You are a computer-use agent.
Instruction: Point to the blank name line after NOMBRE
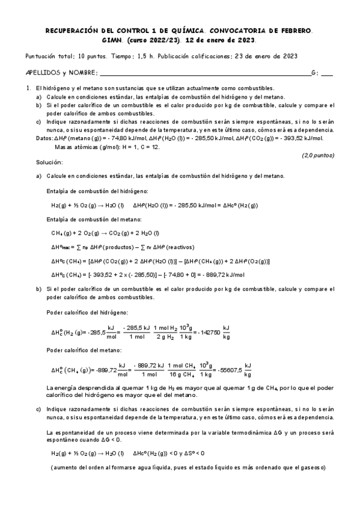(204, 73)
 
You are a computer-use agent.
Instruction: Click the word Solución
(49, 163)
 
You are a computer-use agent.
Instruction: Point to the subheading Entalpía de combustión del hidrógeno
(95, 191)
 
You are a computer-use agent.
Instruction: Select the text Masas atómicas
(75, 146)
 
